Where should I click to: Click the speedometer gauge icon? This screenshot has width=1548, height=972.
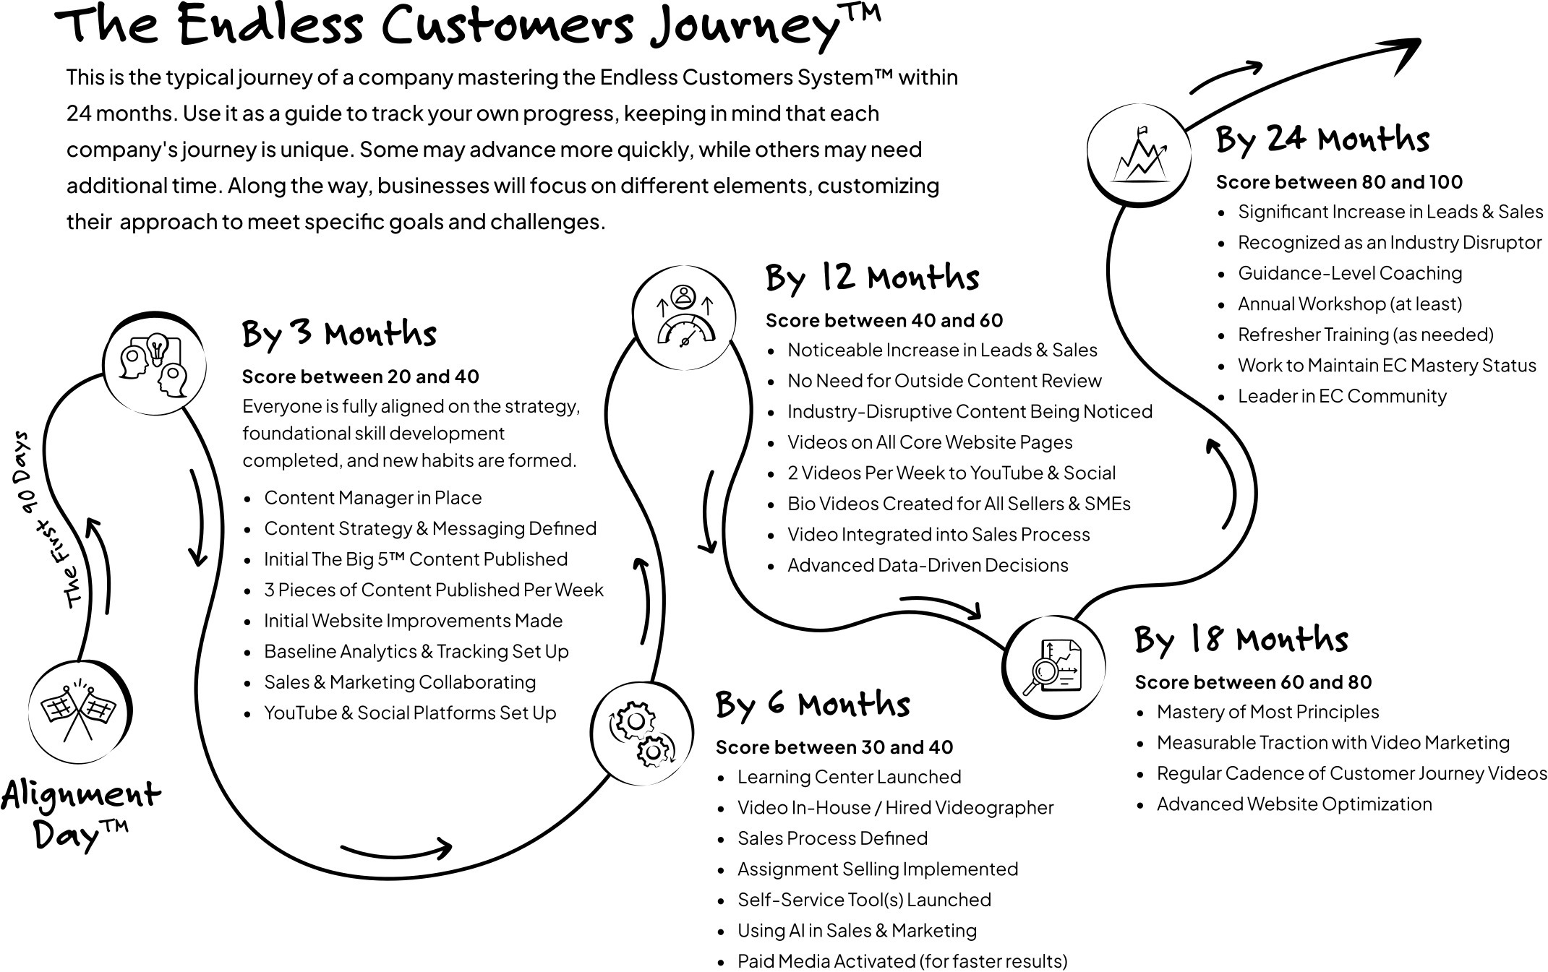tap(684, 317)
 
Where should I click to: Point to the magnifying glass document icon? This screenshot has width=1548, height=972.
tap(1054, 666)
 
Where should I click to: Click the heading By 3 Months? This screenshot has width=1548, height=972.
tap(339, 335)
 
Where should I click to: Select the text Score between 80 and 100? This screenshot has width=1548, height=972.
tap(1339, 182)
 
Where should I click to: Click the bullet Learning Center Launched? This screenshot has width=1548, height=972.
tap(849, 777)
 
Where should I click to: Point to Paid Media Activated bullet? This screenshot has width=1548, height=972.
tap(902, 961)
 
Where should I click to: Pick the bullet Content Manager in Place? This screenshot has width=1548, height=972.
tap(372, 498)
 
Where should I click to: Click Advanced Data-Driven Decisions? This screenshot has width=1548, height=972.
tap(928, 565)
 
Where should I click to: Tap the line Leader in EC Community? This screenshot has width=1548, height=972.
tap(1342, 396)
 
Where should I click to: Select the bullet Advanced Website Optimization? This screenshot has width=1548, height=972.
tap(1293, 804)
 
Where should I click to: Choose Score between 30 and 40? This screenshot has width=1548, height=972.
tap(834, 747)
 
